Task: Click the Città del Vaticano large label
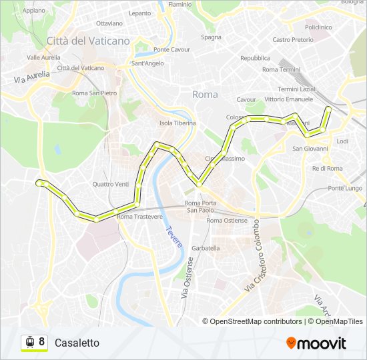(x=88, y=41)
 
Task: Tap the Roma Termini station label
(x=281, y=69)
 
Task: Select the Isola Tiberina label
(x=177, y=123)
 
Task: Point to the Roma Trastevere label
(x=139, y=217)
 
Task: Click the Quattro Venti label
(x=111, y=184)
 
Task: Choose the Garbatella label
(x=206, y=248)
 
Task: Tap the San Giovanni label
(x=310, y=148)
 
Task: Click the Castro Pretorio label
(x=293, y=40)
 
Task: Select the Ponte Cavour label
(x=171, y=49)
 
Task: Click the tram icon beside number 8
(x=29, y=343)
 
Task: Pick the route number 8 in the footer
(x=42, y=342)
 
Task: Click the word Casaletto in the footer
(x=77, y=343)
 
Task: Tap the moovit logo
(x=316, y=343)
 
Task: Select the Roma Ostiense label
(x=227, y=220)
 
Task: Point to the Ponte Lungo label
(x=344, y=189)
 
